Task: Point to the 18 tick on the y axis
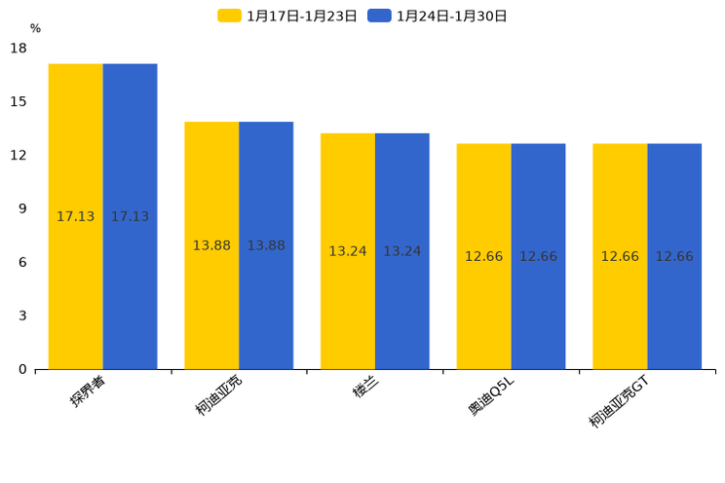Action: pos(19,48)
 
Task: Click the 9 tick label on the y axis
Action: pos(22,208)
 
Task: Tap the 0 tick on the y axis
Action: pos(22,369)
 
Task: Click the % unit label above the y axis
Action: pos(35,28)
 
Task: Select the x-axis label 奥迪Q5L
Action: pos(491,395)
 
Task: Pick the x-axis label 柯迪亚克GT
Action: pos(619,401)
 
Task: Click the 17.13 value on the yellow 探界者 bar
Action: pos(75,217)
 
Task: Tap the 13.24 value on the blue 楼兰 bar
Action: pos(402,251)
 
